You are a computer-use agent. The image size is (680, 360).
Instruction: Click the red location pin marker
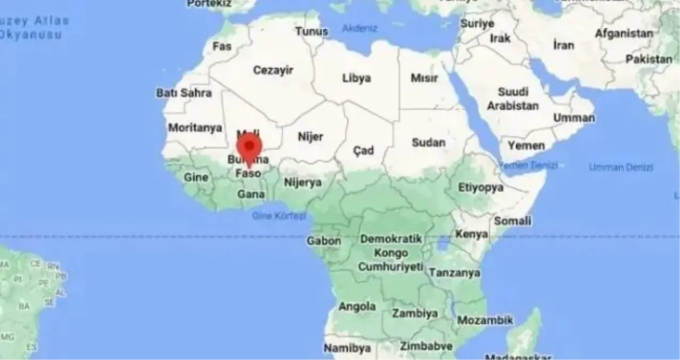click(249, 147)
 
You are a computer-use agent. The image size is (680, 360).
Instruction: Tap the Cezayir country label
click(274, 70)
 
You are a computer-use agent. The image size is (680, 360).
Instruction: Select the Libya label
click(356, 78)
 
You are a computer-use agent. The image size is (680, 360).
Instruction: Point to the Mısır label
click(424, 78)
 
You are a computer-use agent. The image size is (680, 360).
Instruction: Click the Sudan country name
click(428, 142)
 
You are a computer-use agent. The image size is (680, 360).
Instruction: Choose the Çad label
click(363, 151)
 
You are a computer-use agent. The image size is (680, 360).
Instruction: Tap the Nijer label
click(310, 137)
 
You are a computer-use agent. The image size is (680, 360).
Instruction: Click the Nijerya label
click(303, 182)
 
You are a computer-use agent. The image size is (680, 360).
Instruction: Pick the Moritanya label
click(195, 128)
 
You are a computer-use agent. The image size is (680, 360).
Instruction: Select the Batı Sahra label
click(184, 93)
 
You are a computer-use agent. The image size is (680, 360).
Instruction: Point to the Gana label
click(251, 194)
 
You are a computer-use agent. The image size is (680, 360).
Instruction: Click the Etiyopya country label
click(481, 187)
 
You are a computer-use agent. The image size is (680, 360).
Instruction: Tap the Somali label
click(513, 221)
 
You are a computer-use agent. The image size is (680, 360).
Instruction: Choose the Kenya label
click(471, 234)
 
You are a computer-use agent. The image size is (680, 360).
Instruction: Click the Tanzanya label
click(454, 273)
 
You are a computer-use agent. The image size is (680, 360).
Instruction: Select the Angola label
click(357, 307)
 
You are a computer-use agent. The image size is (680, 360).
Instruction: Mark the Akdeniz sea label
click(359, 28)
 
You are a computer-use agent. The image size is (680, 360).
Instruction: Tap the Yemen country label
click(526, 145)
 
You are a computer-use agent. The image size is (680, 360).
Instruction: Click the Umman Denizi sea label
click(621, 167)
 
